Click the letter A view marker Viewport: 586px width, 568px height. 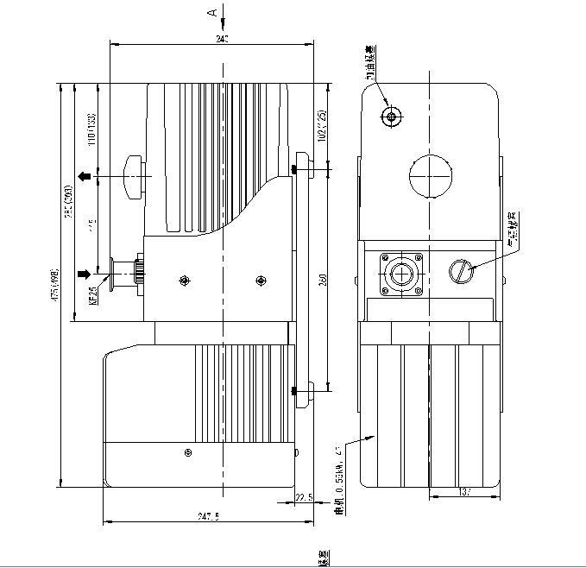(x=211, y=13)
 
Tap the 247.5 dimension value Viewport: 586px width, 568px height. (x=209, y=516)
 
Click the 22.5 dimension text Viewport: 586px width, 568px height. (x=303, y=498)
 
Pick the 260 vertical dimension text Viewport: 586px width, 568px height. (x=322, y=281)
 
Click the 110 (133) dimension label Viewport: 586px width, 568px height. (x=91, y=127)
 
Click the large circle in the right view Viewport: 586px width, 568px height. (x=430, y=176)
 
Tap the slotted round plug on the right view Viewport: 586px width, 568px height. (x=462, y=273)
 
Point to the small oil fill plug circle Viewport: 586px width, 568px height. (x=393, y=117)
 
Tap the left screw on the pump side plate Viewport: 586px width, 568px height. (x=183, y=280)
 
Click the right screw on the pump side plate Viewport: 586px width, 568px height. (x=261, y=280)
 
